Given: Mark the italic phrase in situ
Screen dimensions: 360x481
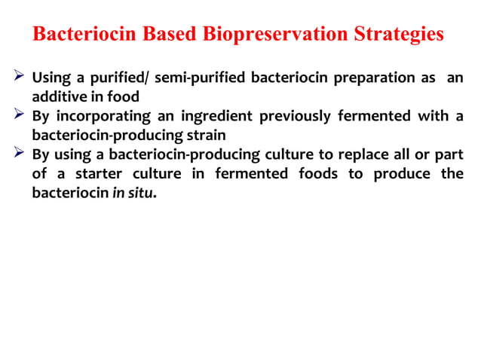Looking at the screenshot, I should point(132,194).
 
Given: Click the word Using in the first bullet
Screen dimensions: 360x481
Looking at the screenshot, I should point(51,78).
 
